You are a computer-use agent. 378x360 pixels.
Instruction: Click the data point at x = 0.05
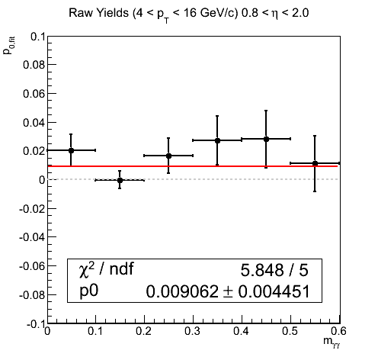pos(71,150)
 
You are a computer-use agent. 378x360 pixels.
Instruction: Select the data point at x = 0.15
pos(120,180)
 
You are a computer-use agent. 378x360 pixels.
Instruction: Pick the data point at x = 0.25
pos(168,156)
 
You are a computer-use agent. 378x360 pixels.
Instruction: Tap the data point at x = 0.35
pos(217,140)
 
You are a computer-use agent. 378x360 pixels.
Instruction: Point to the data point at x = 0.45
pos(266,139)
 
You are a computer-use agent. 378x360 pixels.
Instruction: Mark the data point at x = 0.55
pos(315,163)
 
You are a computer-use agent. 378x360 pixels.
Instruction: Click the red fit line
pos(193,166)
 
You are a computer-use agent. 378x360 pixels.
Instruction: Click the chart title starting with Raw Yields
pos(189,14)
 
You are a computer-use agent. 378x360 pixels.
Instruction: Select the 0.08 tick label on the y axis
pos(34,65)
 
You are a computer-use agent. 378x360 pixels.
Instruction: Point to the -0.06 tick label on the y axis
pos(31,266)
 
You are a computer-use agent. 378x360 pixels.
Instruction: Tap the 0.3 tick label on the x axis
pos(193,331)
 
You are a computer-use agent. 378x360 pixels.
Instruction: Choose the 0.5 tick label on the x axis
pos(290,331)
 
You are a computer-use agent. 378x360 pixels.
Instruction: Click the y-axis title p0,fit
pos(8,46)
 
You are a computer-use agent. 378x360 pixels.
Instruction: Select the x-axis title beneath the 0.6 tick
pos(332,342)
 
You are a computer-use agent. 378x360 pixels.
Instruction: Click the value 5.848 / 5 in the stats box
pos(274,270)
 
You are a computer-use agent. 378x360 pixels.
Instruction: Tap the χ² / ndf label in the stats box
pos(106,269)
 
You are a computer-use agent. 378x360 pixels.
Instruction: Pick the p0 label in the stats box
pos(88,291)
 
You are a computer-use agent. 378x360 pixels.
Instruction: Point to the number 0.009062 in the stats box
pos(182,291)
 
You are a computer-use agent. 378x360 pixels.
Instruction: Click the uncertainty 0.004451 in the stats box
pos(274,291)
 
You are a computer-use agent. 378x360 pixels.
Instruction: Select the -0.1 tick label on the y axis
pos(36,324)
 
